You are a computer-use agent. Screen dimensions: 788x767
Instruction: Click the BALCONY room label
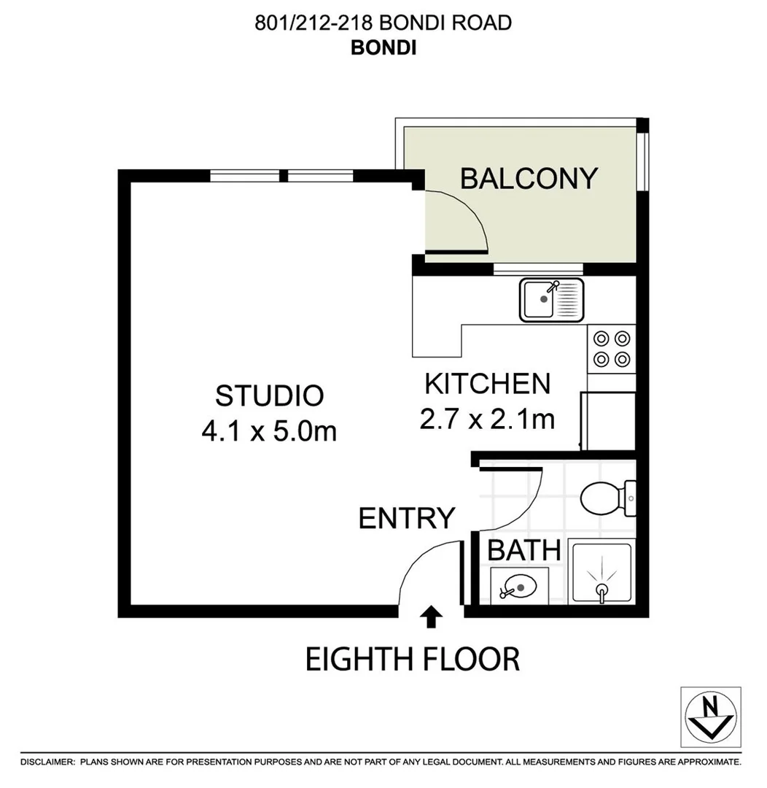click(529, 178)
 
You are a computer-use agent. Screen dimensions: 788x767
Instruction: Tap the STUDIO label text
click(269, 395)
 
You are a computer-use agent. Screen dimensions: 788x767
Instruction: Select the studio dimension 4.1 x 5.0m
click(269, 431)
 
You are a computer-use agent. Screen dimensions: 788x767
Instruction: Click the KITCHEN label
click(487, 383)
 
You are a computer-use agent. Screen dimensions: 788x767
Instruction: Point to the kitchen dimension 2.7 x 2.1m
click(487, 419)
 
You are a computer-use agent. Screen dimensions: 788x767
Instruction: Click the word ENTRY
click(406, 519)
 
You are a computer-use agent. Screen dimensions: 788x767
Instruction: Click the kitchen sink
click(551, 299)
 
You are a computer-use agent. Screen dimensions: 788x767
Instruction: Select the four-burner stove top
click(611, 348)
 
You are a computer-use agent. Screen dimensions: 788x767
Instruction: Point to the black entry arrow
click(432, 617)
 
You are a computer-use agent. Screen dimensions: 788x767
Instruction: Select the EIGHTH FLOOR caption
click(412, 659)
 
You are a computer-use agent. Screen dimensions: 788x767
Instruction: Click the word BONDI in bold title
click(383, 47)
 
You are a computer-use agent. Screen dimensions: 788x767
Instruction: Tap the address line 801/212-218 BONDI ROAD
click(383, 23)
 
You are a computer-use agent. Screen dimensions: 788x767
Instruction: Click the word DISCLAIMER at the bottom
click(47, 762)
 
